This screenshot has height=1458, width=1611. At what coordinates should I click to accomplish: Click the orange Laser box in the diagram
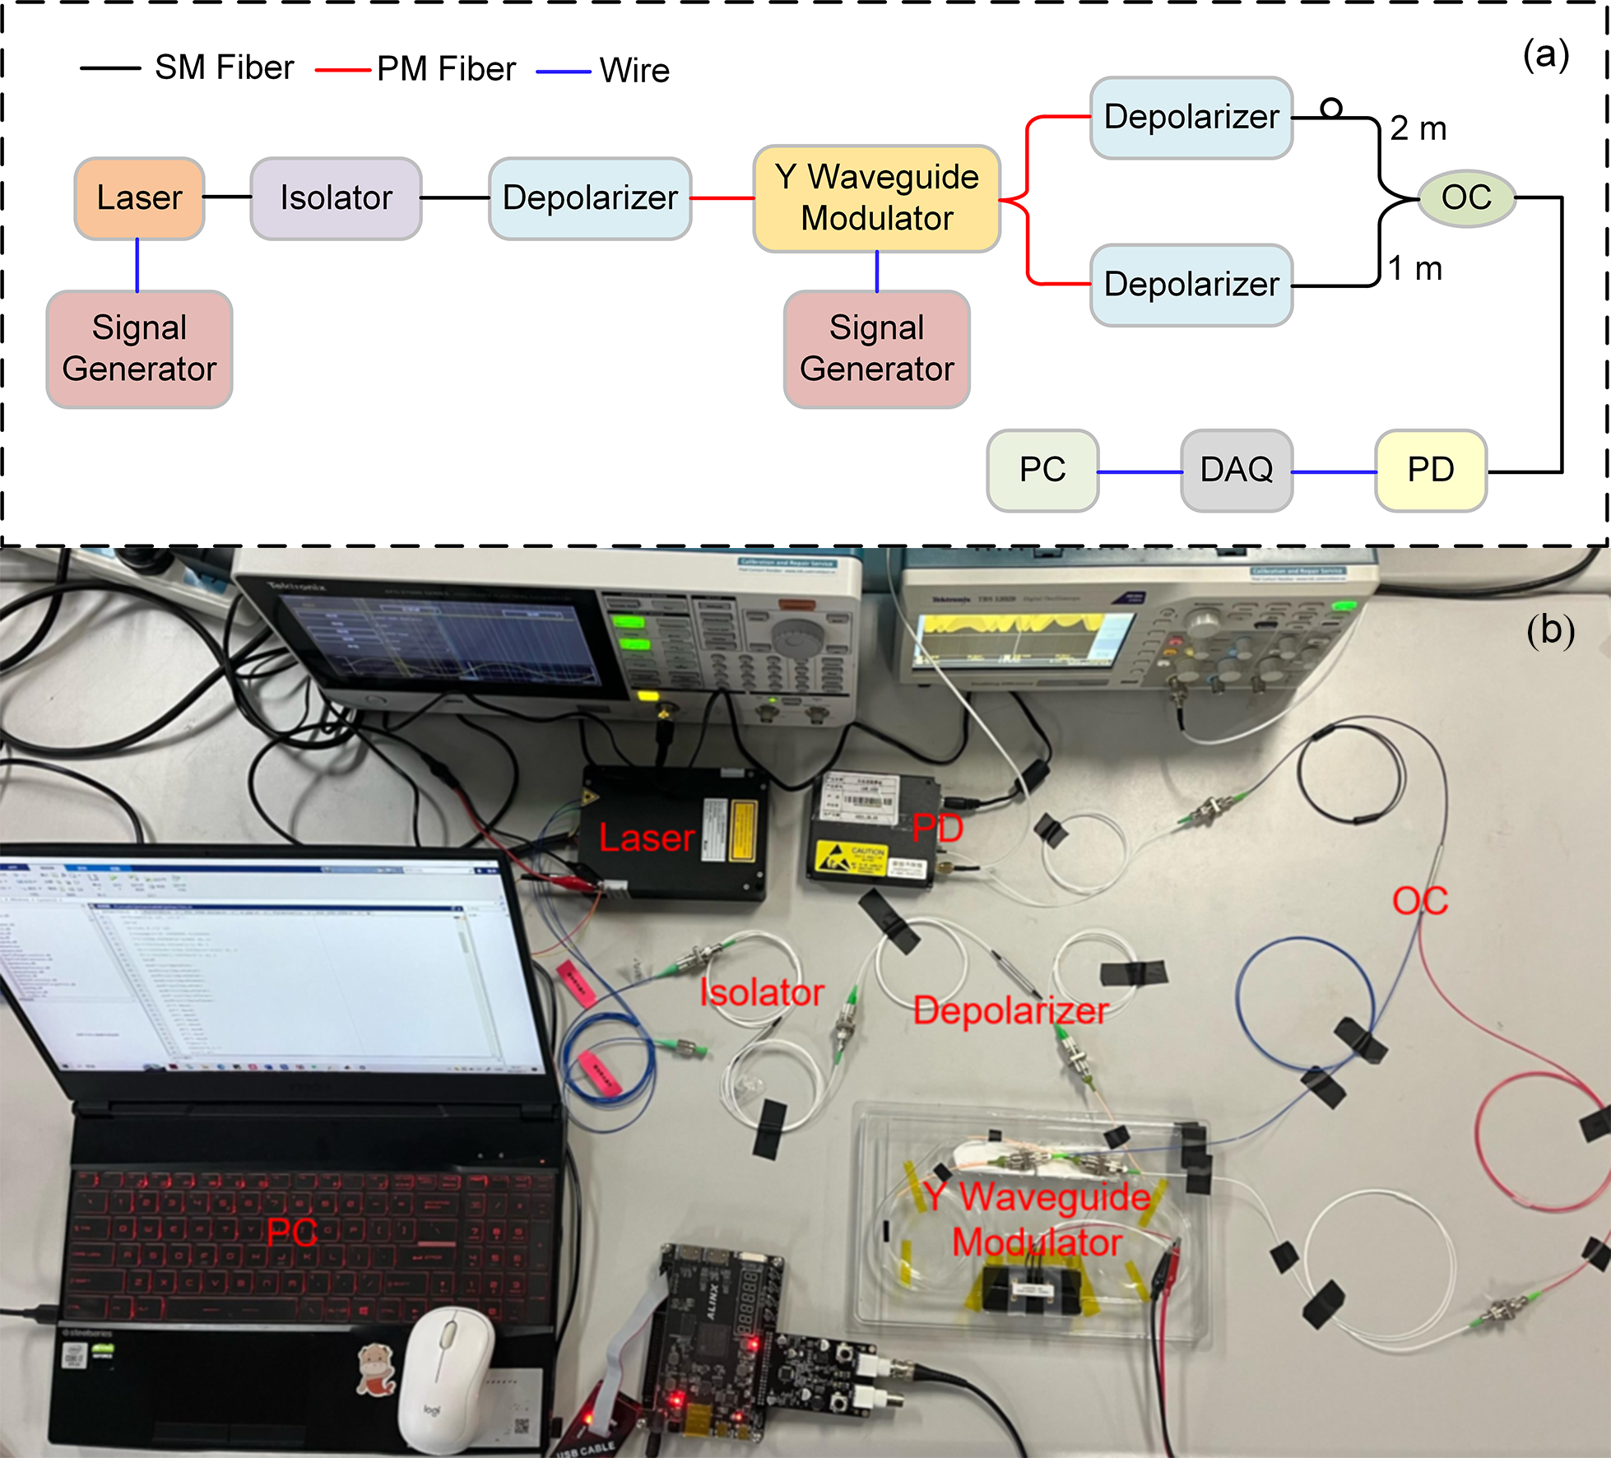[x=139, y=198]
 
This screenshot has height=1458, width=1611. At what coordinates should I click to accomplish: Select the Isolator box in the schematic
[x=336, y=198]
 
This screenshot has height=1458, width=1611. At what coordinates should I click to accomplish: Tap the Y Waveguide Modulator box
[x=876, y=198]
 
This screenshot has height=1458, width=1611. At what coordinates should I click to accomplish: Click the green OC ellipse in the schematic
[x=1466, y=197]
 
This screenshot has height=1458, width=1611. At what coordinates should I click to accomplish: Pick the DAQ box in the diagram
[x=1236, y=470]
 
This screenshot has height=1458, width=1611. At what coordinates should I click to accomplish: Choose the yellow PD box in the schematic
[x=1430, y=470]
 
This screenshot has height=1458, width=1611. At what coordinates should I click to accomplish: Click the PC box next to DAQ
[x=1042, y=470]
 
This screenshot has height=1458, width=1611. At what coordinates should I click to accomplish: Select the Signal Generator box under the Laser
[x=139, y=349]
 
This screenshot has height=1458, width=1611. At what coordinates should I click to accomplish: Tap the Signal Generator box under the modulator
[x=876, y=349]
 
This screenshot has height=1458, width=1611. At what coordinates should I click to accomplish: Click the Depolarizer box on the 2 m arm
[x=1191, y=118]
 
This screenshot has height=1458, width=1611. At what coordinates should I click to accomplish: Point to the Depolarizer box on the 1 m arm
[x=1191, y=285]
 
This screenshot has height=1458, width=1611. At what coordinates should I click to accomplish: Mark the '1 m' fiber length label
[x=1415, y=269]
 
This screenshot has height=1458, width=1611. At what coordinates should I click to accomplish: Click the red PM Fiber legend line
[x=342, y=71]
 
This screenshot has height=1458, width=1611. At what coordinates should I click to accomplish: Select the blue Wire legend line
[x=563, y=72]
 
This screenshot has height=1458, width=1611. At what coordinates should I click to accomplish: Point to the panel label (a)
[x=1545, y=56]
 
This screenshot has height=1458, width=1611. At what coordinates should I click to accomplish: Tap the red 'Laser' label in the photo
[x=647, y=838]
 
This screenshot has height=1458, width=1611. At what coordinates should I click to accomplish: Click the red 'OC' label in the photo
[x=1420, y=901]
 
